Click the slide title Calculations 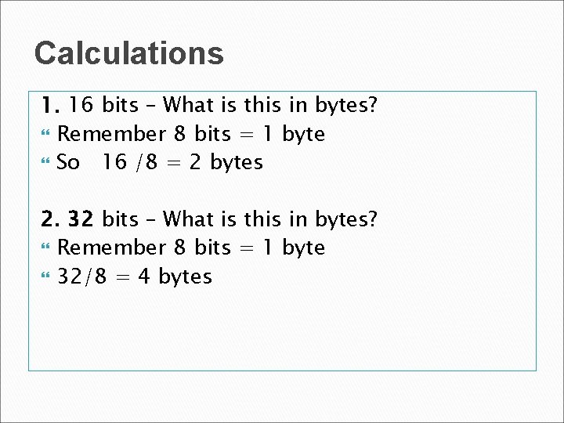(129, 53)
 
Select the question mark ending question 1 (373, 105)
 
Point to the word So (69, 163)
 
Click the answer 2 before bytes (194, 163)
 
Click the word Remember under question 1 (112, 134)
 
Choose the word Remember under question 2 (112, 248)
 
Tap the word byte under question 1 (304, 134)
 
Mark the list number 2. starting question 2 (51, 219)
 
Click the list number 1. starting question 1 (51, 105)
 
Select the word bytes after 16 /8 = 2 (237, 163)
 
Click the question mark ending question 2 (373, 219)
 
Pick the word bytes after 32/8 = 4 (186, 277)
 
